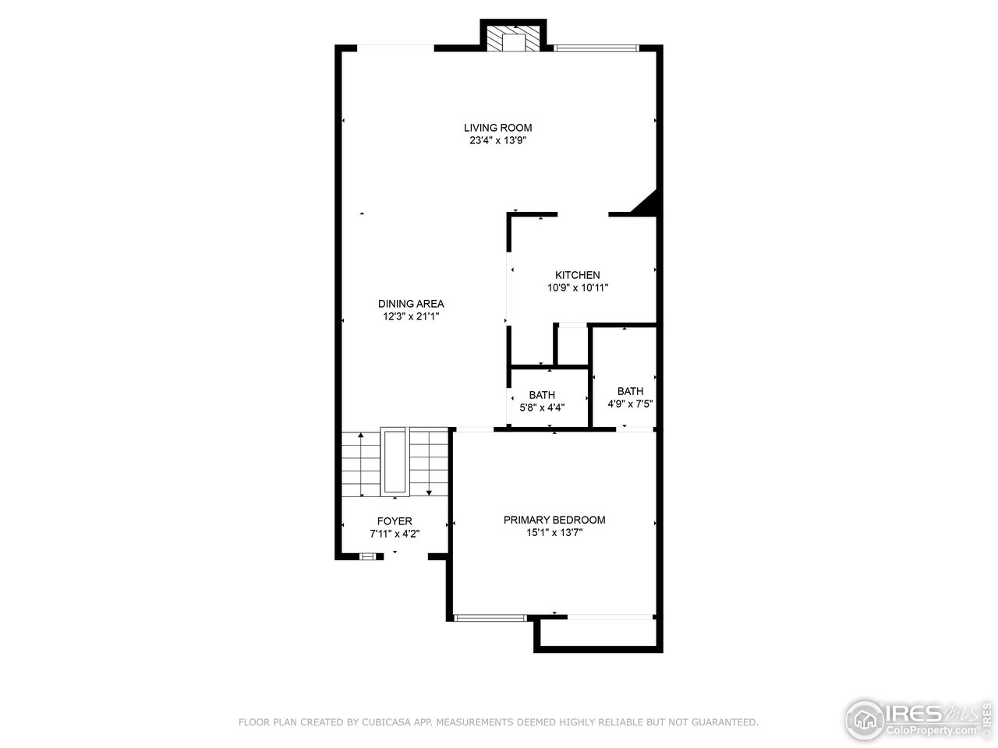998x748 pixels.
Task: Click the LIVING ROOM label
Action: pyautogui.click(x=497, y=128)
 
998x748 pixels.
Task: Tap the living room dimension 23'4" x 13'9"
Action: pyautogui.click(x=497, y=141)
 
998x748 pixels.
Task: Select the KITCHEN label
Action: pyautogui.click(x=577, y=275)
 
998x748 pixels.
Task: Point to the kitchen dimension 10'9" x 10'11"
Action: pyautogui.click(x=577, y=288)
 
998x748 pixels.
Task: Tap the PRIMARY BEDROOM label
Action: pyautogui.click(x=554, y=520)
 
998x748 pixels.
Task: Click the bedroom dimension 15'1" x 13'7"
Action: pyautogui.click(x=554, y=533)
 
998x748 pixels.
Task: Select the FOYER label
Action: pyautogui.click(x=395, y=521)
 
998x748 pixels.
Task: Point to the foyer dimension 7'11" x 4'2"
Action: pyautogui.click(x=395, y=534)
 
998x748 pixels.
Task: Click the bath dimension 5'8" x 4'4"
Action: pyautogui.click(x=542, y=407)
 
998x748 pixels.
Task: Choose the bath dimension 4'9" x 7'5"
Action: pyautogui.click(x=630, y=404)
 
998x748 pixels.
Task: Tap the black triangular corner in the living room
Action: pyautogui.click(x=649, y=203)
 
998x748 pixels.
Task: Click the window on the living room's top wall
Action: pyautogui.click(x=596, y=48)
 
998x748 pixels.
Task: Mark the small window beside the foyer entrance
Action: pyautogui.click(x=367, y=556)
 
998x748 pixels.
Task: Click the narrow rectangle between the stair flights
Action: pyautogui.click(x=394, y=461)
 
